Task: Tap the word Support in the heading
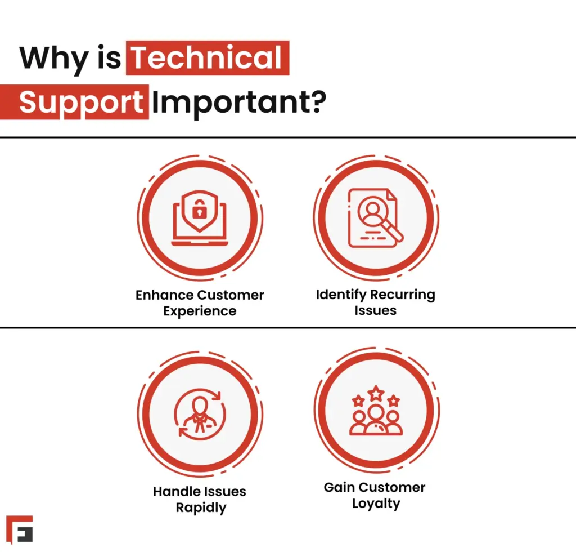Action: pos(80,103)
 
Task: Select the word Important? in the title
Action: pos(238,103)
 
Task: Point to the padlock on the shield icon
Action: pos(199,211)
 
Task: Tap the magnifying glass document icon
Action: pos(375,217)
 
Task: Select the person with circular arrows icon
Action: pos(199,415)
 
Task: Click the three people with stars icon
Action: pos(375,412)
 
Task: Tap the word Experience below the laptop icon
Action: pos(199,311)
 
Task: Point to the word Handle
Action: pos(174,492)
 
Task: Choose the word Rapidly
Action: pos(200,508)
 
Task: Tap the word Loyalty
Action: pos(375,503)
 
